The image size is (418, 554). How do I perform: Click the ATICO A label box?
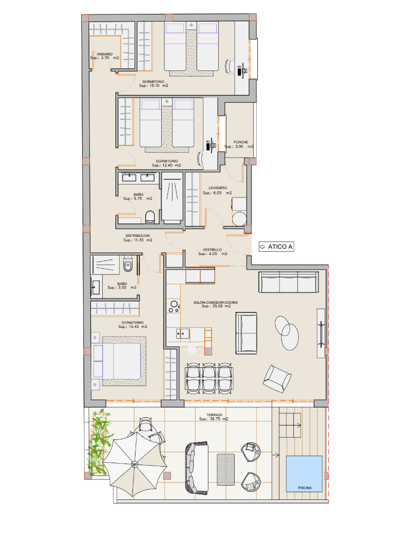click(276, 247)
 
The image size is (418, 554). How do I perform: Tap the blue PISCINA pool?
click(304, 473)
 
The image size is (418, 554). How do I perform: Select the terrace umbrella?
click(134, 464)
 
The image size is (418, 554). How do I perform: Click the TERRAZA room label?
click(214, 415)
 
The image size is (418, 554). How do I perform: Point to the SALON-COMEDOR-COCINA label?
click(215, 302)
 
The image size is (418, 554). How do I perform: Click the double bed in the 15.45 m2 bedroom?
click(116, 361)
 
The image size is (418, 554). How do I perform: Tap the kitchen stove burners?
click(174, 306)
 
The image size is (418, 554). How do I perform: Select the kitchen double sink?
click(182, 334)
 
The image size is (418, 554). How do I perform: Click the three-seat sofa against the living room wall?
click(289, 282)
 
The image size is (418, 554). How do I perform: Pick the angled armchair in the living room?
click(277, 379)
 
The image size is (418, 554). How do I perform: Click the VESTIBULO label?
click(212, 250)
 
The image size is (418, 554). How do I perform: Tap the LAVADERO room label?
click(218, 188)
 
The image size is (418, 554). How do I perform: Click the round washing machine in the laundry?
click(240, 219)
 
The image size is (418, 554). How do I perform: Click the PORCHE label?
click(241, 142)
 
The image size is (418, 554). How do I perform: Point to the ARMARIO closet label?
click(105, 54)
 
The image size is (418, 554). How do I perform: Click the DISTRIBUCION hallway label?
click(138, 236)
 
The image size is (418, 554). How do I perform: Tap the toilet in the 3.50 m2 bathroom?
click(128, 264)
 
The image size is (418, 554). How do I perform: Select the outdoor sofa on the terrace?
click(197, 468)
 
